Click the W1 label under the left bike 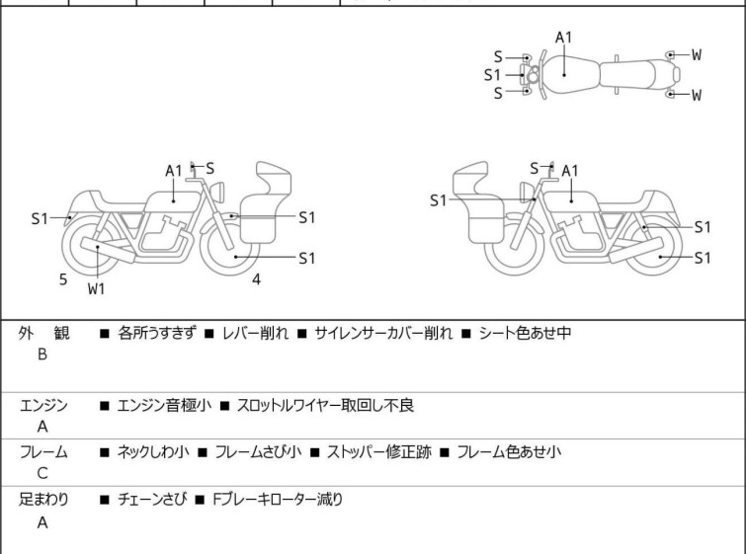96,289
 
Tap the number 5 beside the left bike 63,279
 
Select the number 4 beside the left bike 256,279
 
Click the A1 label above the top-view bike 564,38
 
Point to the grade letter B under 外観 42,354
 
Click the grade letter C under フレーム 42,474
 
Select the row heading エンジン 43,405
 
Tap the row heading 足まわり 43,500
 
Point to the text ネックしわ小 153,452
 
